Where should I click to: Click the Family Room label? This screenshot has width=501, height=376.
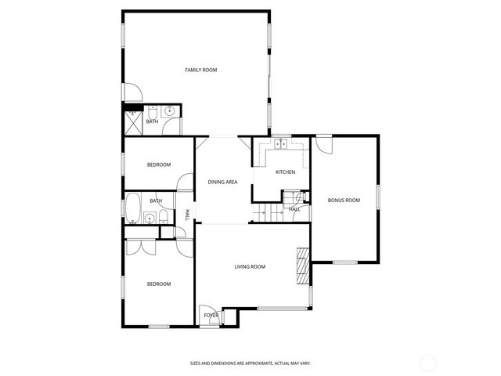(200, 70)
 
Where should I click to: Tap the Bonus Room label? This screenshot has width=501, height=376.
(344, 201)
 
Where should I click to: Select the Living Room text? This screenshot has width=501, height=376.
(250, 267)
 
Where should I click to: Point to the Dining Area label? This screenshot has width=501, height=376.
(222, 183)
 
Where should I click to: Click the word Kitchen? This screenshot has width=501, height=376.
(285, 172)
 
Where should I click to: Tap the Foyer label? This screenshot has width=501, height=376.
(211, 315)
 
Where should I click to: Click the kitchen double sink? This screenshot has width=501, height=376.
(281, 144)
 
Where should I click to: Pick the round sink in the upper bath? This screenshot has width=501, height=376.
(169, 111)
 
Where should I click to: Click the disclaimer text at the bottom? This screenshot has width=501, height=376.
(250, 363)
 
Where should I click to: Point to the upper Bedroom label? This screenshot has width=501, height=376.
(159, 164)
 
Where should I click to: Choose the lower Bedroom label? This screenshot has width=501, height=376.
(159, 284)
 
